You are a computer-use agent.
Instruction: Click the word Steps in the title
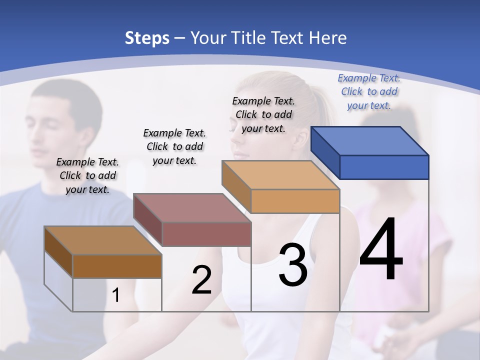(146, 38)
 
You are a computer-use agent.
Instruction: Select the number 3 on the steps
(293, 265)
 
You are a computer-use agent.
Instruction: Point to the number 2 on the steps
(201, 280)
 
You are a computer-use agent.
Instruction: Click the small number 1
(116, 295)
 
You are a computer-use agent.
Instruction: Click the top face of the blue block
(370, 141)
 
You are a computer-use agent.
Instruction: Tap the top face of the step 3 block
(280, 175)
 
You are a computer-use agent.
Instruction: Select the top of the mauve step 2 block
(192, 208)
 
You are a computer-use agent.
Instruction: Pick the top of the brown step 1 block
(103, 240)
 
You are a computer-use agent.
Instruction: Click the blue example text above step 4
(369, 91)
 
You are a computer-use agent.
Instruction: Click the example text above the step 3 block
(263, 114)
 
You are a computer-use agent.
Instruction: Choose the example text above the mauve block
(174, 146)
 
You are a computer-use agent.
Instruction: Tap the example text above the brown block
(87, 175)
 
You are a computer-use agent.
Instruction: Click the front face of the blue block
(384, 167)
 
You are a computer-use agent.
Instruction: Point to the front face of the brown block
(117, 266)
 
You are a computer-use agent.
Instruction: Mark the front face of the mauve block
(206, 234)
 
